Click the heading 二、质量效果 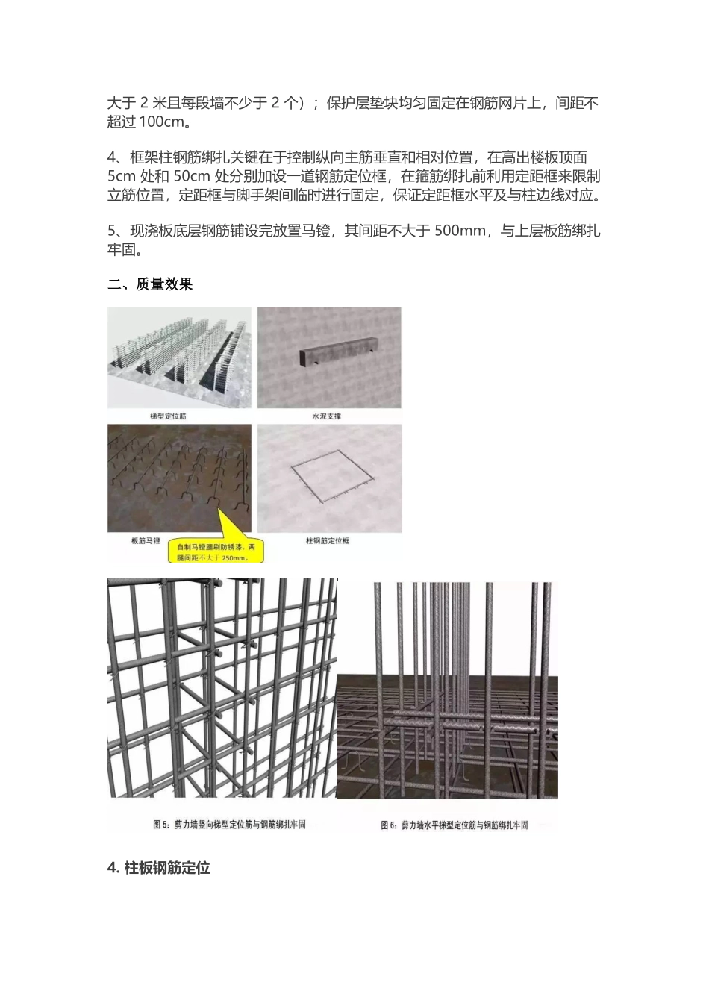click(x=150, y=284)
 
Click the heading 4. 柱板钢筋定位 click(x=159, y=868)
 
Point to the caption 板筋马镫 click(x=145, y=540)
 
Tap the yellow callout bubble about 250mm click(x=216, y=551)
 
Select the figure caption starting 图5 click(x=229, y=825)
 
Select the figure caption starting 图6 click(x=454, y=825)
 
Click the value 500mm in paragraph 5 click(x=460, y=231)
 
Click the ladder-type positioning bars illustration click(x=179, y=357)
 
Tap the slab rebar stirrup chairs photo click(x=179, y=478)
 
